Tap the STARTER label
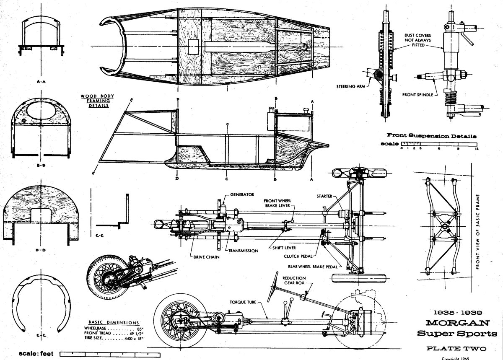(x=325, y=196)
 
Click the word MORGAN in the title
(x=455, y=323)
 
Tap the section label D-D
(x=40, y=250)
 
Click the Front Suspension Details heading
(x=432, y=135)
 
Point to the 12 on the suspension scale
(x=477, y=148)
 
